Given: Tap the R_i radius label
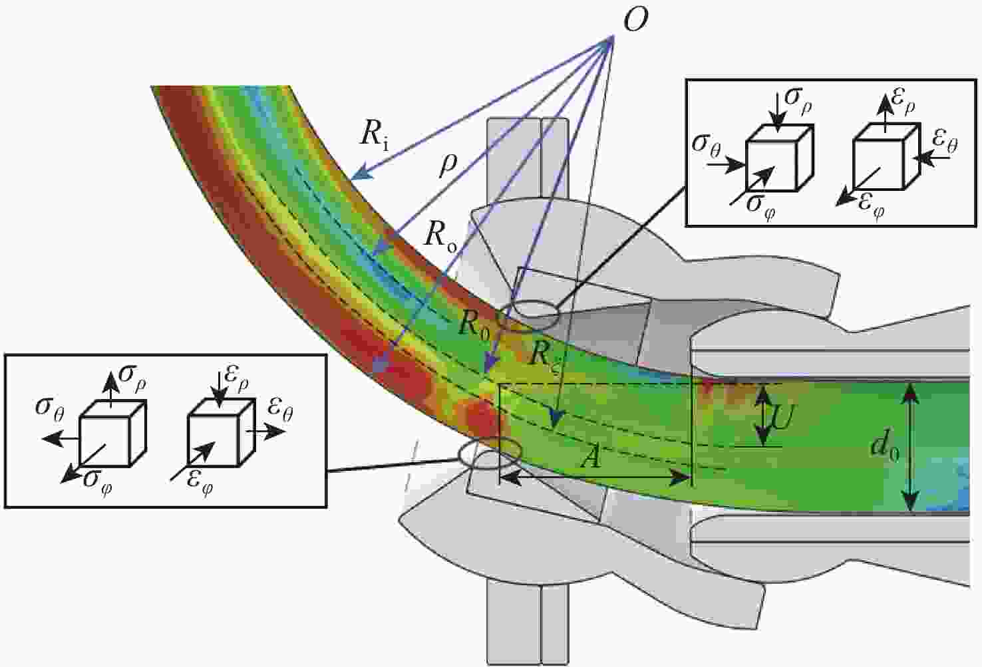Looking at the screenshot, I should pos(375,136).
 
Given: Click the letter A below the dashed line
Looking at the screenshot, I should pos(591,457).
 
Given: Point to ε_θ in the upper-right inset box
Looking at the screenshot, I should pos(945,142).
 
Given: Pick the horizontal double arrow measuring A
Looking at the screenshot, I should pos(595,477).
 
